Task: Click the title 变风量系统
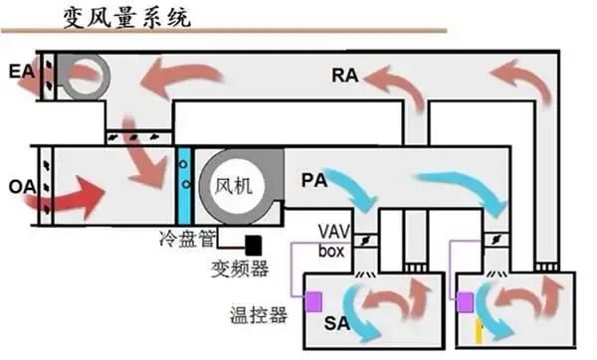pyautogui.click(x=123, y=17)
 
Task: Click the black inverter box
pyautogui.click(x=254, y=243)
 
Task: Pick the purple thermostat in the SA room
pyautogui.click(x=316, y=299)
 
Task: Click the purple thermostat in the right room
pyautogui.click(x=463, y=299)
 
